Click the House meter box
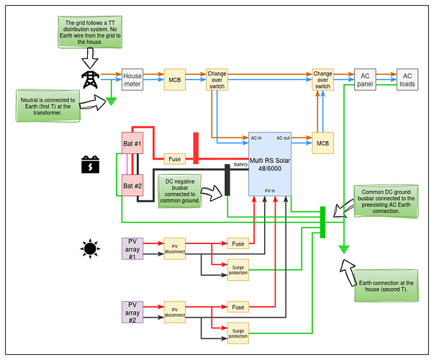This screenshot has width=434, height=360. (x=133, y=79)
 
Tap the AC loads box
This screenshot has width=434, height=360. (x=407, y=79)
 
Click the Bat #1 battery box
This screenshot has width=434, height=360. (x=133, y=145)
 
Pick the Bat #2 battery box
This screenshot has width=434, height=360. (x=133, y=186)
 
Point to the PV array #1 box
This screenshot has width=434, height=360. (x=132, y=248)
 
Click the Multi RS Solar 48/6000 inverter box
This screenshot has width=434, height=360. (x=270, y=163)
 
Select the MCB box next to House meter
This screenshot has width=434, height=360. (x=174, y=79)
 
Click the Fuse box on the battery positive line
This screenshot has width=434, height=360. (x=174, y=158)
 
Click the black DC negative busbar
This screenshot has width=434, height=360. (x=227, y=180)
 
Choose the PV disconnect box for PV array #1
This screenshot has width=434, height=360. (x=175, y=248)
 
